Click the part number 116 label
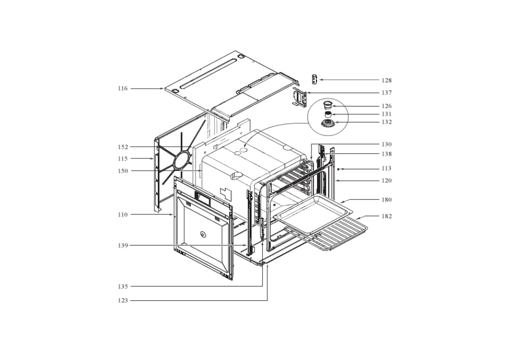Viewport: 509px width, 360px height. click(x=123, y=89)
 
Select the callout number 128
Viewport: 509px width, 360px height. click(x=387, y=80)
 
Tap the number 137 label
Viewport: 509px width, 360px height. click(x=387, y=93)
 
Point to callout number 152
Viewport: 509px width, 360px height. click(x=123, y=147)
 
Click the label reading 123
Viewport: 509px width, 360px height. click(x=123, y=300)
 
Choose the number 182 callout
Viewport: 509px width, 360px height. click(x=387, y=216)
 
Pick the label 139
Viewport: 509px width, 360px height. click(x=123, y=246)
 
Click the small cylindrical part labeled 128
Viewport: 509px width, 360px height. click(x=314, y=79)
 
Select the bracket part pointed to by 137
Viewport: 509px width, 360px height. click(x=299, y=97)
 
